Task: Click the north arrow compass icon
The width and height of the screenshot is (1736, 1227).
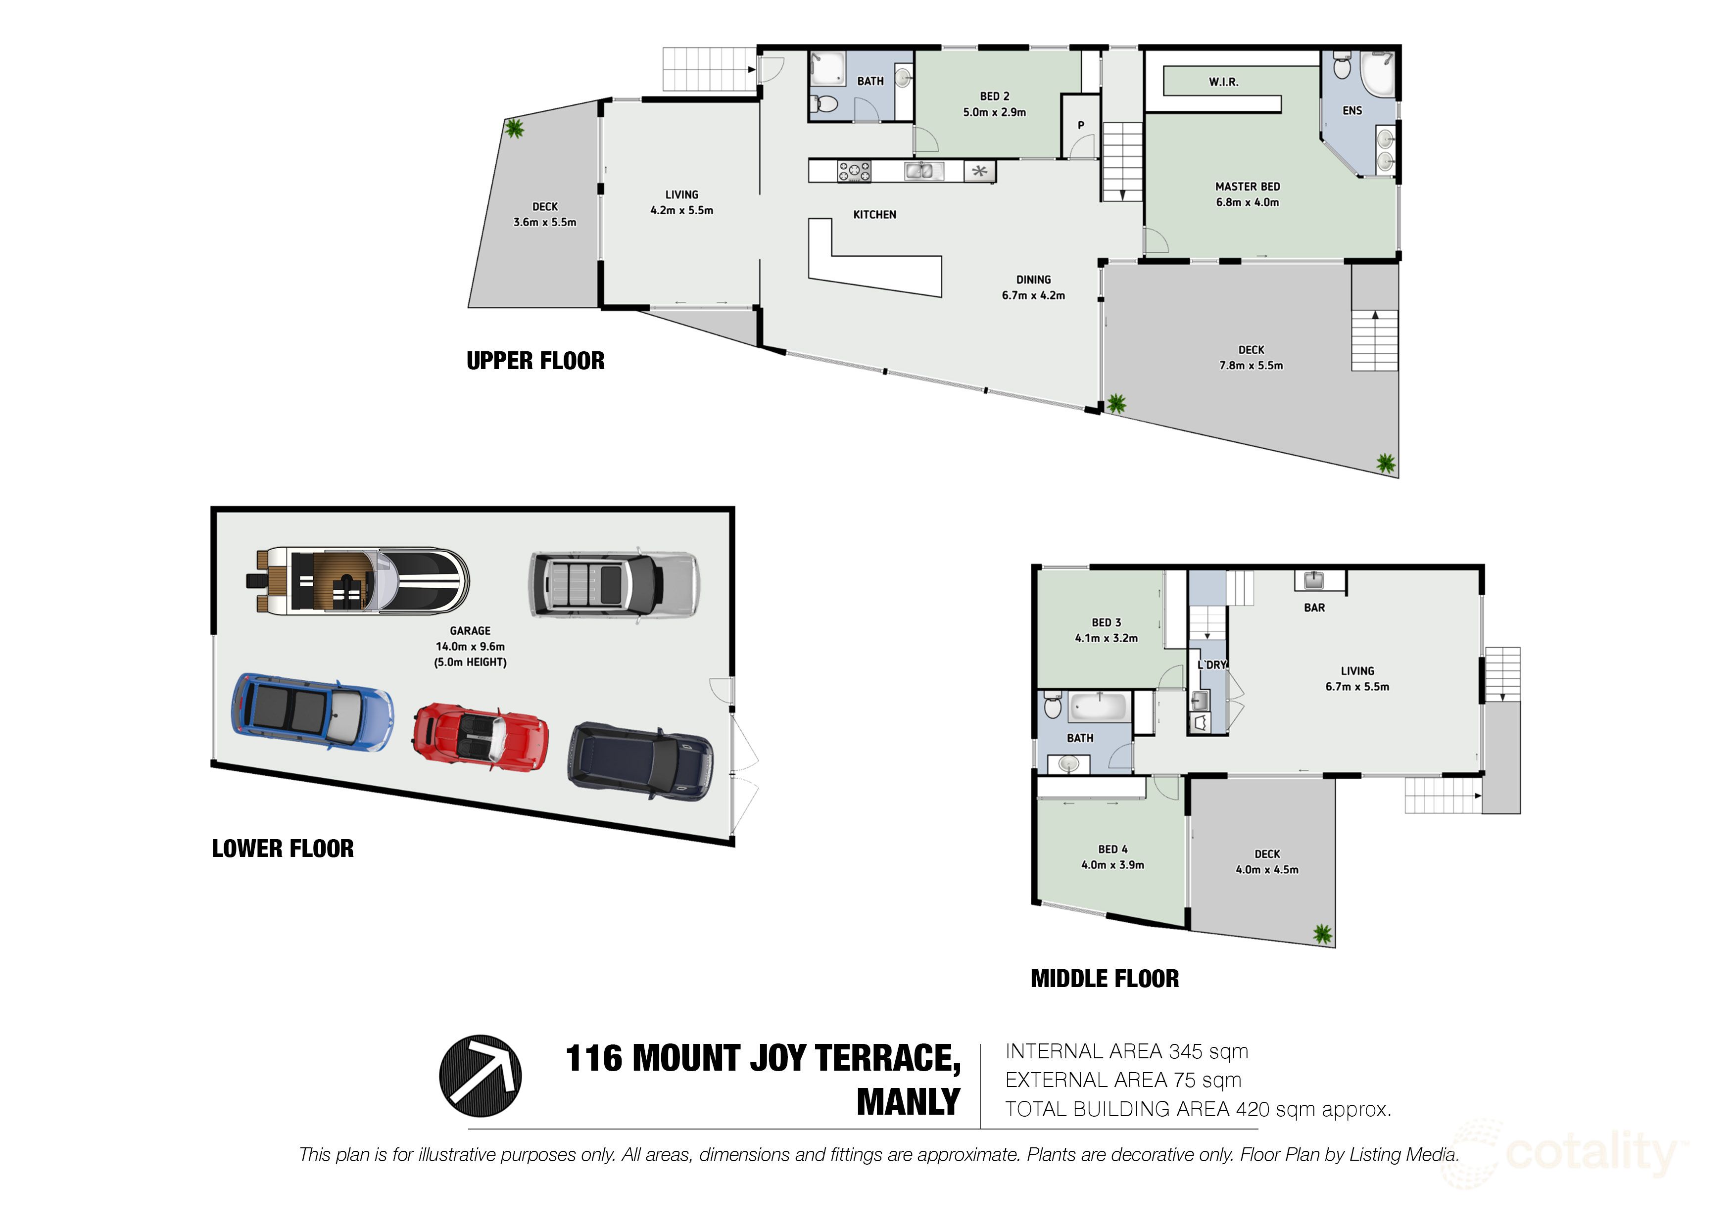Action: (480, 1076)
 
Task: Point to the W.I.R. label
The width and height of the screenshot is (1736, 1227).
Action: (1223, 82)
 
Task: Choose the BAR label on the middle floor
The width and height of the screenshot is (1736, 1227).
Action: (1314, 607)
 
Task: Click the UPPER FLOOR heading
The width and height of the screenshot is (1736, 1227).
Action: (535, 361)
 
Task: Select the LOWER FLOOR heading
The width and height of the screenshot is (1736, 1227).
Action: (282, 848)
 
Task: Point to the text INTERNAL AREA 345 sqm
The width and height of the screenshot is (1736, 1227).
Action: (1127, 1051)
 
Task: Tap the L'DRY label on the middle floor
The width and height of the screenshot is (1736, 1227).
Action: (1211, 664)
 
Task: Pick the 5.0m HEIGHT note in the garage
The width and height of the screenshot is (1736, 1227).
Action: (470, 662)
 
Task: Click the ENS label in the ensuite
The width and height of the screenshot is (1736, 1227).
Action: (1352, 110)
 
